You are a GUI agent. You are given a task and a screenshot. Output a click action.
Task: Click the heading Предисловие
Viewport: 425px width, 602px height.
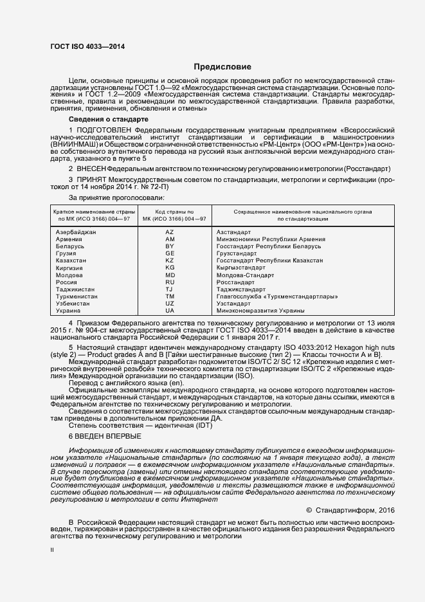pyautogui.click(x=223, y=67)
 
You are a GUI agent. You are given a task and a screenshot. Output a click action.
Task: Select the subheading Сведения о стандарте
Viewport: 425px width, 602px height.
pyautogui.click(x=108, y=120)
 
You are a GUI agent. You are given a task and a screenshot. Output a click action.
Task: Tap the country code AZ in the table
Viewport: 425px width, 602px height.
pyautogui.click(x=170, y=231)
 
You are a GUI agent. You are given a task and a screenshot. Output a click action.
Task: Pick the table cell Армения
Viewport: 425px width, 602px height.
pyautogui.click(x=69, y=239)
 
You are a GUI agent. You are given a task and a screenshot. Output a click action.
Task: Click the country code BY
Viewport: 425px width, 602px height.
pyautogui.click(x=170, y=246)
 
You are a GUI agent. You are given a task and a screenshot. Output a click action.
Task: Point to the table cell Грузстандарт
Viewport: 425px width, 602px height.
pyautogui.click(x=236, y=253)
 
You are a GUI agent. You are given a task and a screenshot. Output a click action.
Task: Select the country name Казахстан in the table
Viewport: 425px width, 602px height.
pyautogui.click(x=71, y=260)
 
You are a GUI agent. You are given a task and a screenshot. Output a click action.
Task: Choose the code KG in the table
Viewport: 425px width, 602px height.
pyautogui.click(x=170, y=267)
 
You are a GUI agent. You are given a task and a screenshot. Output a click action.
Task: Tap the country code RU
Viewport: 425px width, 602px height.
pyautogui.click(x=170, y=282)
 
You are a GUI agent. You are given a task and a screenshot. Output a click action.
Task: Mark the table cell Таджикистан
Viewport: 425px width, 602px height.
pyautogui.click(x=75, y=289)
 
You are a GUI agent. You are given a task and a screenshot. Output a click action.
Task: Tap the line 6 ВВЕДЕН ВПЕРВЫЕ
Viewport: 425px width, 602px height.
pyautogui.click(x=105, y=435)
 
